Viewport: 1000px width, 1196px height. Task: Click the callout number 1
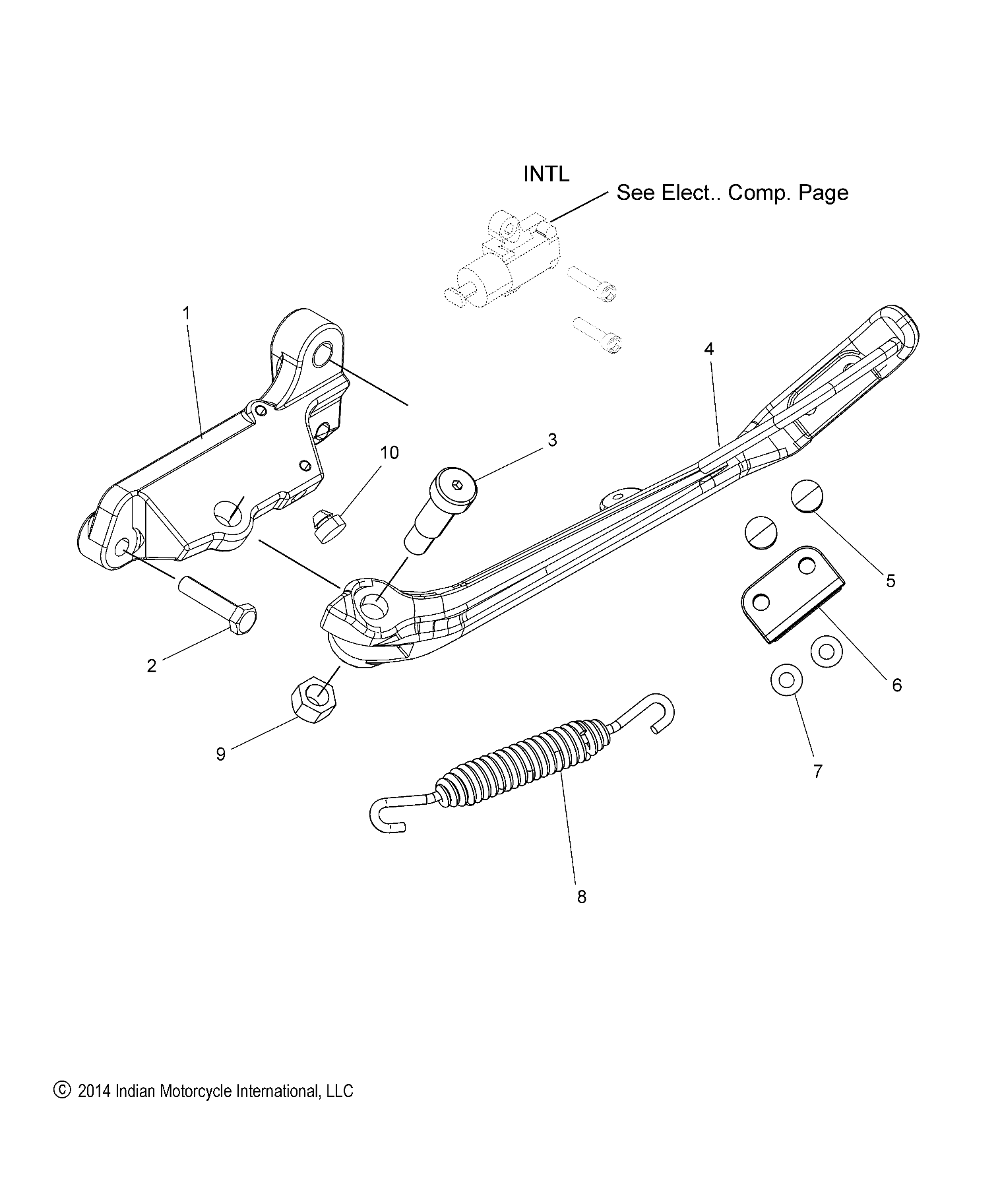(187, 313)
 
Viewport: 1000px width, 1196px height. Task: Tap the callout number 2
(152, 666)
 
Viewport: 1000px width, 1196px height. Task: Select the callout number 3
(552, 440)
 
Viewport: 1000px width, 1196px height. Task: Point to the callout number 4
(708, 349)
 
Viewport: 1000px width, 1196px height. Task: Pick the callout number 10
(389, 453)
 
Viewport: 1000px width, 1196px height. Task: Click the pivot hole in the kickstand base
(374, 606)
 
